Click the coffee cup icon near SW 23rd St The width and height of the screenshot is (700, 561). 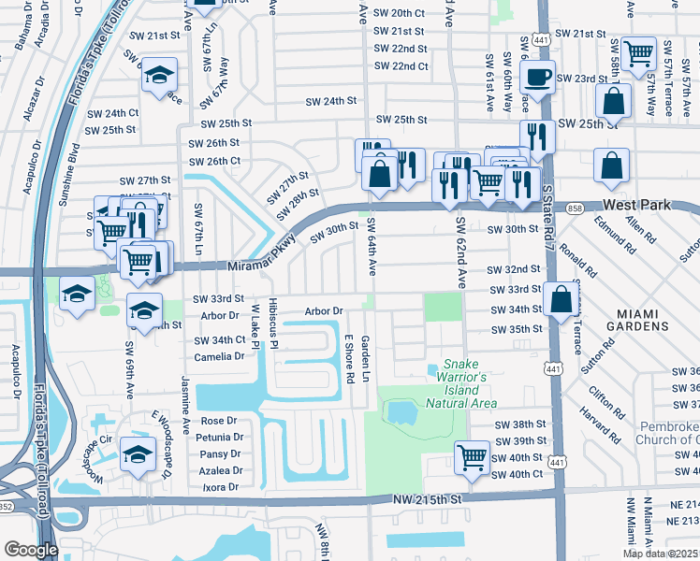click(538, 77)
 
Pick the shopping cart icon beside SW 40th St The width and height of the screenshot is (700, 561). click(472, 458)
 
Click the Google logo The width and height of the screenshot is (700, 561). click(31, 550)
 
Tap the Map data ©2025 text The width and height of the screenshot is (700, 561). click(660, 554)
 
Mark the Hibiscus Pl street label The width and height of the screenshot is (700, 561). click(272, 324)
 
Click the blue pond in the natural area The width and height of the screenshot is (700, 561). click(402, 411)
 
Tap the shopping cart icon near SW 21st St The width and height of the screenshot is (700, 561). click(639, 52)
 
